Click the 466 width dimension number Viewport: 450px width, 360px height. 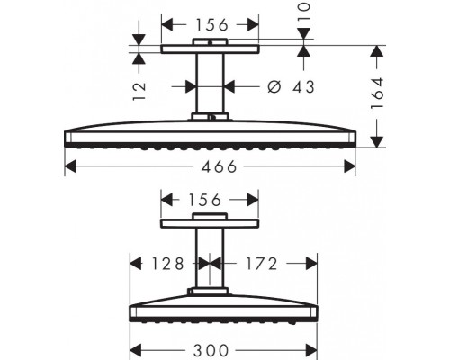(220, 166)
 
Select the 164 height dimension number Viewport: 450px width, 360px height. (377, 94)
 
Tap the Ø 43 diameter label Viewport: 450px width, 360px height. (291, 87)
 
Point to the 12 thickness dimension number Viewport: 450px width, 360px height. (139, 91)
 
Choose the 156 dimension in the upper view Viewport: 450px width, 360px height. (212, 25)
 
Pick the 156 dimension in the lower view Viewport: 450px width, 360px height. (205, 200)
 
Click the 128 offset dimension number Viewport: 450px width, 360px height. (167, 264)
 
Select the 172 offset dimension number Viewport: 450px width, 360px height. (262, 264)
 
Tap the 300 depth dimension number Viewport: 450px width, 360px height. (211, 350)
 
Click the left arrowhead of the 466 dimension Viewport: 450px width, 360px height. (70, 166)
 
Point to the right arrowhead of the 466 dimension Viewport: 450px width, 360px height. (349, 166)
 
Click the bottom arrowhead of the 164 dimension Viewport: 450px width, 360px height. (377, 142)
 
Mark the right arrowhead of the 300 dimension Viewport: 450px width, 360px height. (311, 350)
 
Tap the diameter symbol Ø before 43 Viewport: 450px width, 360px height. (274, 87)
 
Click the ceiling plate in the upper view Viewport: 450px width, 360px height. (210, 49)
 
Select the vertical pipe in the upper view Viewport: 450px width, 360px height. (210, 83)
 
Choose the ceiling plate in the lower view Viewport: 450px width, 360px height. (210, 223)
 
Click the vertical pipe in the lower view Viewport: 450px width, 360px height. (210, 257)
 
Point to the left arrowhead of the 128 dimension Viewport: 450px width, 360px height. (136, 264)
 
